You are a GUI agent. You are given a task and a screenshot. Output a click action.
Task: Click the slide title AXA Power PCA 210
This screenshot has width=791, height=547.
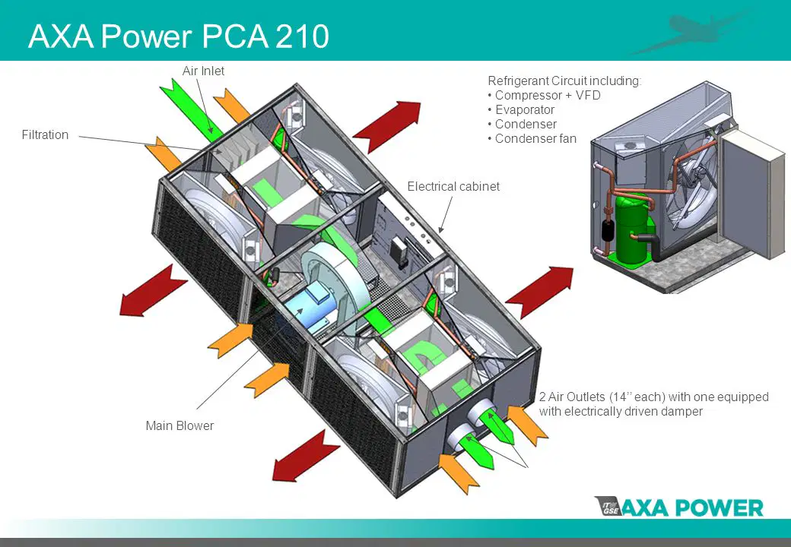(179, 36)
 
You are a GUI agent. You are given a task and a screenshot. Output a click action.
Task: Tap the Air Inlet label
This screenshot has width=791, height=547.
(203, 71)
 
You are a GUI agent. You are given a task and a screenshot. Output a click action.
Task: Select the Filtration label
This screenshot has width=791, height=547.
(45, 135)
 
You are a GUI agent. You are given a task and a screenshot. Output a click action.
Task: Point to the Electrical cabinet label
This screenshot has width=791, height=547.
(453, 186)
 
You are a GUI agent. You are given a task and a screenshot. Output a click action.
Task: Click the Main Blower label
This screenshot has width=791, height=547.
(179, 425)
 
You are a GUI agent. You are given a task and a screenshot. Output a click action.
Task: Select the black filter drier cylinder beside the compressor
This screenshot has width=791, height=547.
(606, 232)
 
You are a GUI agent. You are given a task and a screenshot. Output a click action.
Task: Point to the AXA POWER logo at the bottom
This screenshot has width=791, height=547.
(679, 507)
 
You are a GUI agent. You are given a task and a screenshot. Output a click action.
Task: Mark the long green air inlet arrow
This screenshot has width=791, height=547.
(191, 110)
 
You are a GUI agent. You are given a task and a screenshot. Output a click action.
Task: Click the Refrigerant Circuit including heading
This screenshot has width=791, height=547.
(564, 81)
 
